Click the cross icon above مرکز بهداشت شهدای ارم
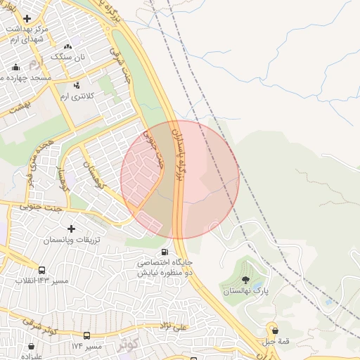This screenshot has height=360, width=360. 27,19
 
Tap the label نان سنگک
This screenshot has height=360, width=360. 71,57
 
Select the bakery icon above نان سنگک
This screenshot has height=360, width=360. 68,46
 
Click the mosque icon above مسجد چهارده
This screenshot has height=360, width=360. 16,67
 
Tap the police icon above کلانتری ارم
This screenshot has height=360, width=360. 77,85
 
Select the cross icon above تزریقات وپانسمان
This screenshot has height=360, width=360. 71,229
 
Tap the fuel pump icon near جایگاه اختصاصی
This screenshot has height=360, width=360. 165,252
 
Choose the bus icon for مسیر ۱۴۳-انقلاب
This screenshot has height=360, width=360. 42,271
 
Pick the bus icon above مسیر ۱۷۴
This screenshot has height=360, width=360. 86,336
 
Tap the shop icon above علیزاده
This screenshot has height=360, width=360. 31,347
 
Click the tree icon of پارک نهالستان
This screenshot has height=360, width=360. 245,280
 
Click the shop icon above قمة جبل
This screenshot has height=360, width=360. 274,330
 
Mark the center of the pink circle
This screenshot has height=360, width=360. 180,179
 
